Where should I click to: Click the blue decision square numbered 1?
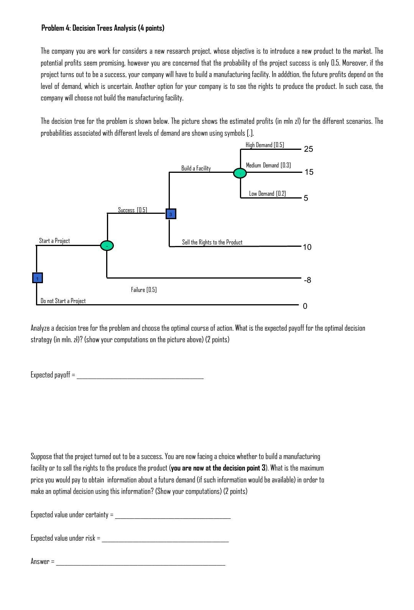(37, 278)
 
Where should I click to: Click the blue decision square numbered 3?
(171, 214)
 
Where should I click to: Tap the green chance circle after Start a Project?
(107, 246)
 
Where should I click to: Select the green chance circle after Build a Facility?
(240, 173)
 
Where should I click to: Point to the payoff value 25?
(308, 149)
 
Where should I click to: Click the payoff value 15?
(309, 172)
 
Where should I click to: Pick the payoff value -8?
(307, 280)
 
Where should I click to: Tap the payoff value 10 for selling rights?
(307, 247)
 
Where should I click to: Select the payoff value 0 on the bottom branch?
(305, 306)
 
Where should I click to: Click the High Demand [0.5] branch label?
(264, 145)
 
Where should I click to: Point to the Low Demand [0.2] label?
(267, 193)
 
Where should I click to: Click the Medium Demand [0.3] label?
(268, 165)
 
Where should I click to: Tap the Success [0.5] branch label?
(132, 210)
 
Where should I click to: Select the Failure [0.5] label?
(144, 290)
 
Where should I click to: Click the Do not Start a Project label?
(63, 301)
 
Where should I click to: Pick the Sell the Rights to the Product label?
(212, 242)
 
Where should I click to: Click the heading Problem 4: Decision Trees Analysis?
(103, 28)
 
